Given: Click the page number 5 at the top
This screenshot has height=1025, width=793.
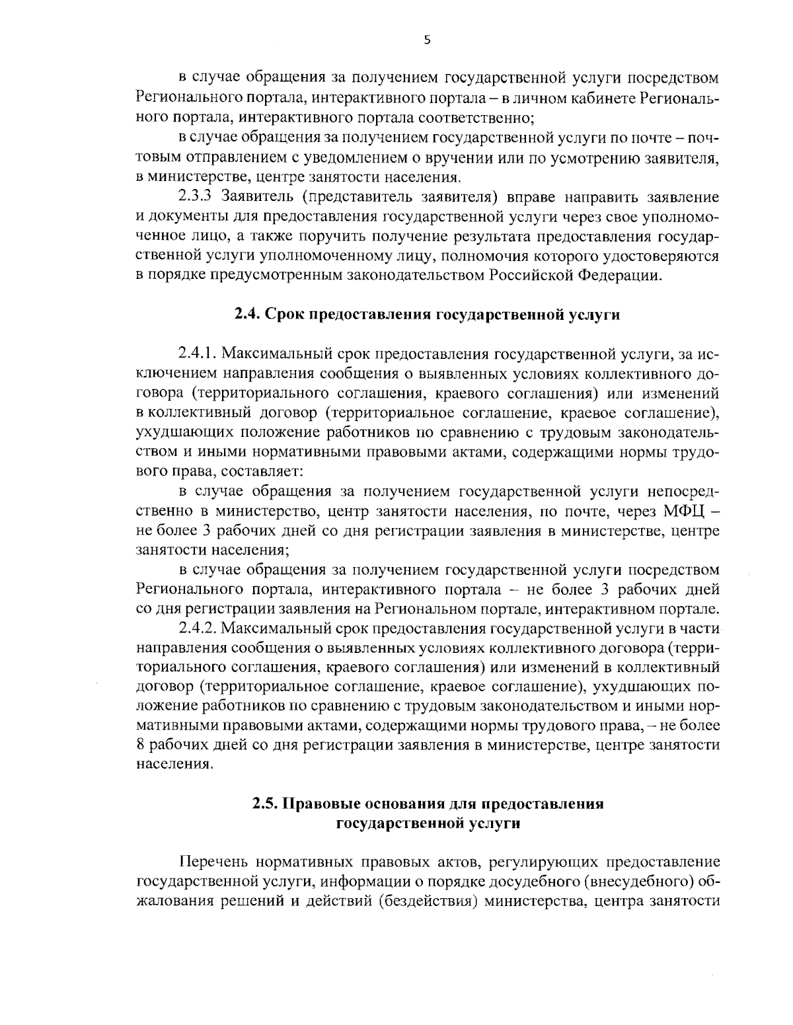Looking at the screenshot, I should pos(427,40).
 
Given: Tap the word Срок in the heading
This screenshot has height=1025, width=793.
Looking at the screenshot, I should pos(287,315).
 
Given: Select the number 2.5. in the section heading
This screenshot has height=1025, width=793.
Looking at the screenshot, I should pos(266,804).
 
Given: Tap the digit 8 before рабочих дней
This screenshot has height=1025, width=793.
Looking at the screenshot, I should pos(140,745).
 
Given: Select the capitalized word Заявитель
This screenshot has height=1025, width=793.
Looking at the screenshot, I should pos(254,197).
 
